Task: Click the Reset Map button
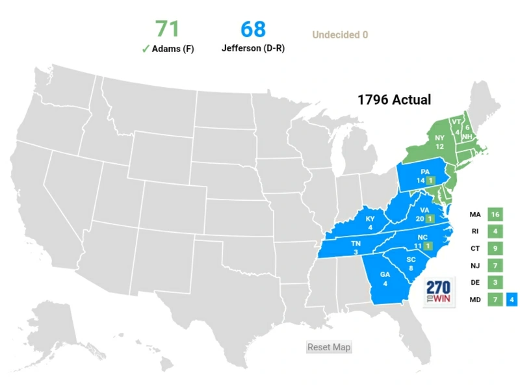[329, 347]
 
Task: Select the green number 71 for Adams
[167, 29]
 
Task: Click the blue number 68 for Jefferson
[253, 29]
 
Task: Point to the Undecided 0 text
[340, 35]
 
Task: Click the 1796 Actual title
[394, 100]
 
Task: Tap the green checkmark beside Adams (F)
[145, 49]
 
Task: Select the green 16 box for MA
[495, 214]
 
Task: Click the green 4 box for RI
[495, 231]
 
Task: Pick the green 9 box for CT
[495, 248]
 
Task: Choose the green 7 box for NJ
[495, 266]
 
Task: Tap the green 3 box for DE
[495, 283]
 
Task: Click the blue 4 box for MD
[512, 300]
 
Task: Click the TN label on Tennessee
[356, 243]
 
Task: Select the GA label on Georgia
[385, 274]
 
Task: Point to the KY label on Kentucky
[370, 219]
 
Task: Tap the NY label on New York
[440, 138]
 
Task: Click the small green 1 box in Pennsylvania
[430, 180]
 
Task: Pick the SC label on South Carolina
[411, 260]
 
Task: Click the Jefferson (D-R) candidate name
[252, 49]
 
